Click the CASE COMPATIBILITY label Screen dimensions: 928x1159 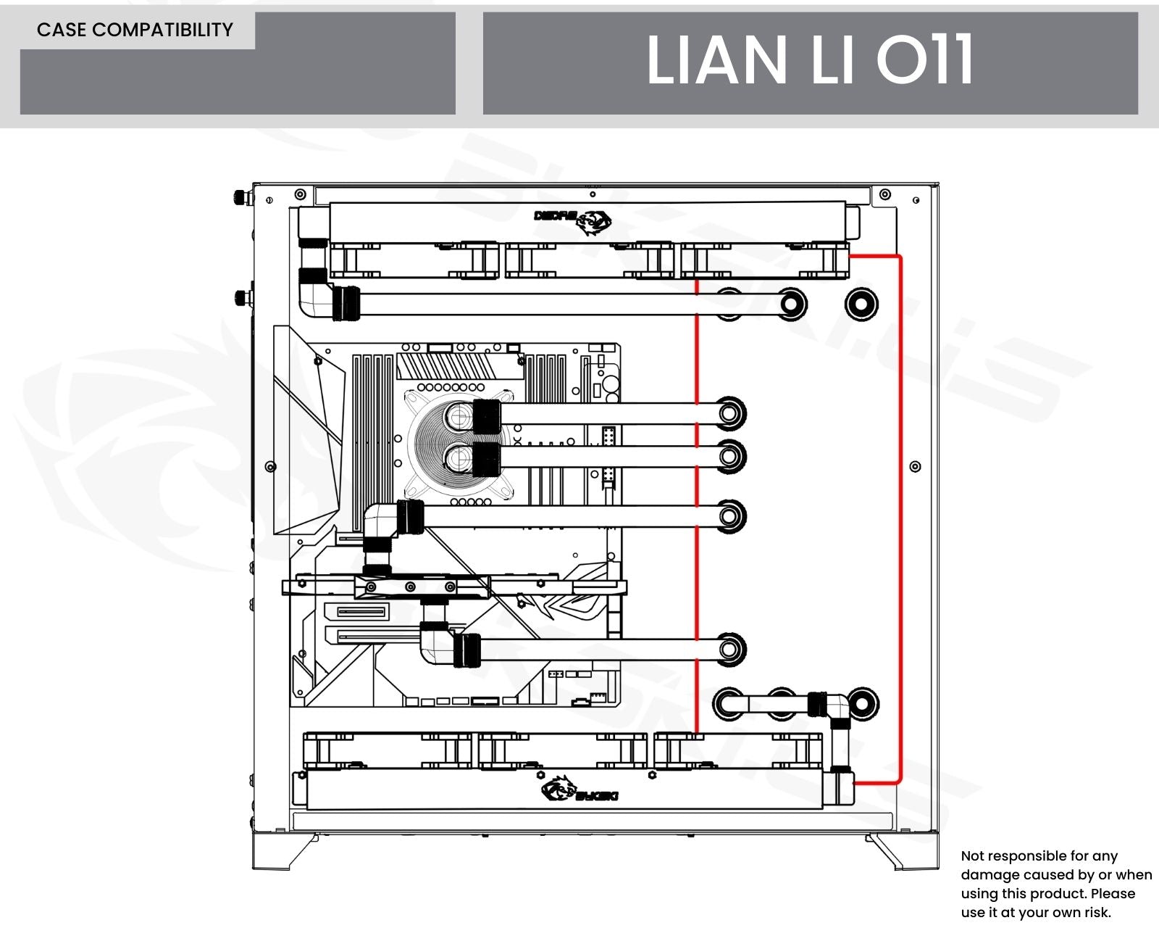(135, 30)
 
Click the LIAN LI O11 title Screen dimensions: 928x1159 (809, 61)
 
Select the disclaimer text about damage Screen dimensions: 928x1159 (1055, 884)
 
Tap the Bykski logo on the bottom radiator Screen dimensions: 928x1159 (579, 789)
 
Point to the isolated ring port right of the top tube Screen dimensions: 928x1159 (861, 303)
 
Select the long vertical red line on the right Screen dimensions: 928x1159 (900, 518)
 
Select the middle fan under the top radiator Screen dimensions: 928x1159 (589, 261)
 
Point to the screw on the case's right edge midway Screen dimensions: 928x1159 (915, 466)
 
